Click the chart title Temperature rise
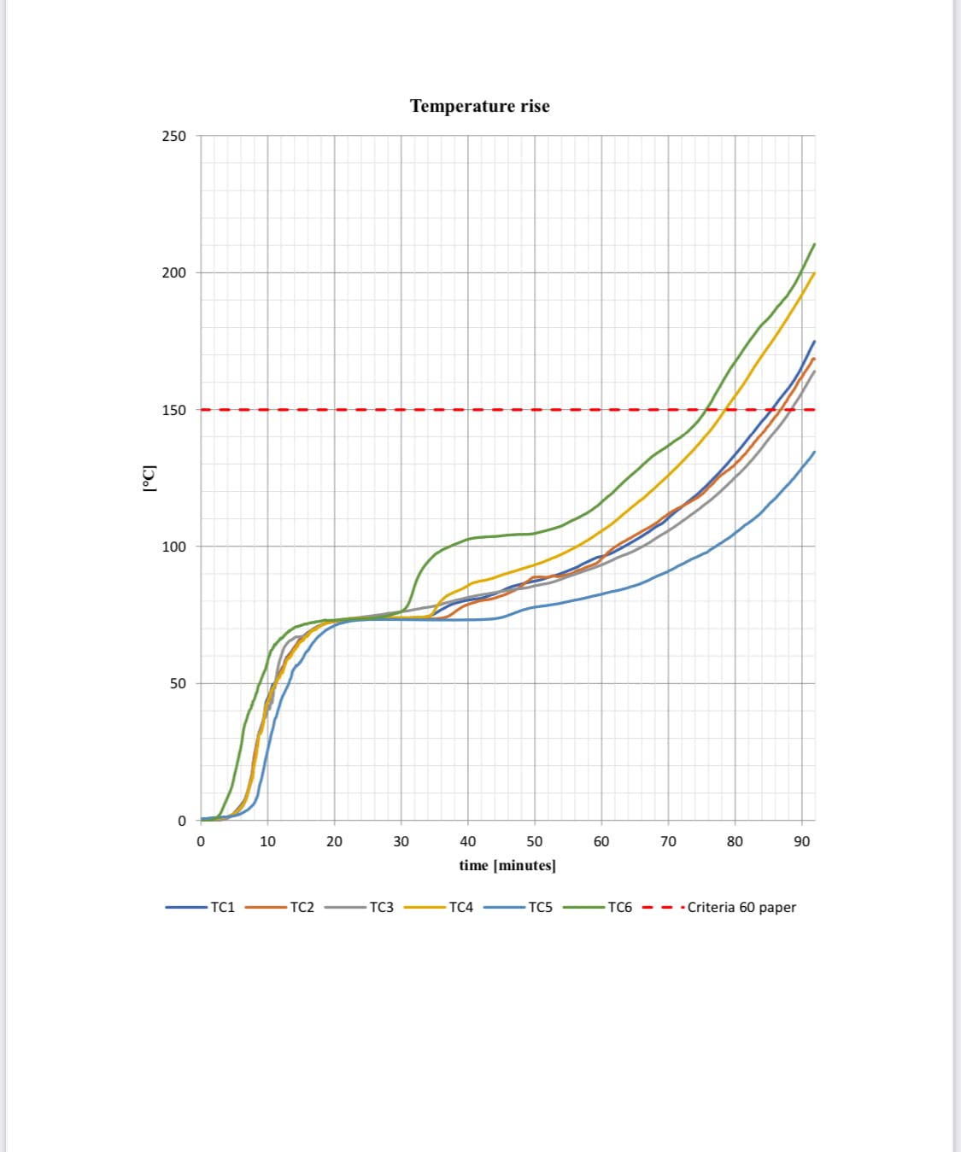479,106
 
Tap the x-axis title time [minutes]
507,865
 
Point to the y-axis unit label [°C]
149,477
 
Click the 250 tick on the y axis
173,136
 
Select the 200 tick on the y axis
173,272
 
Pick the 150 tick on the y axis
173,410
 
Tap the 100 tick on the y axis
173,547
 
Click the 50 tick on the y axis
177,683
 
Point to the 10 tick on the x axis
267,841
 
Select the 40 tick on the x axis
468,841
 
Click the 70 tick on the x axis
668,841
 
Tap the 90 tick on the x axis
801,841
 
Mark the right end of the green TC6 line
814,244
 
